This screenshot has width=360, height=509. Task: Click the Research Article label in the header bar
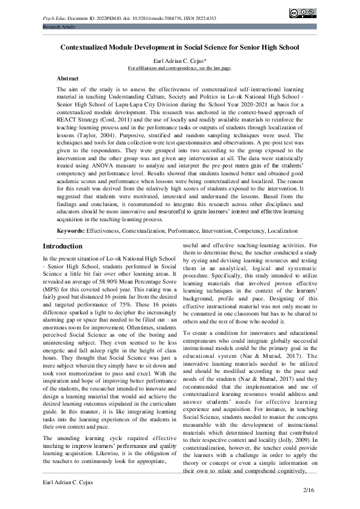pos(58,28)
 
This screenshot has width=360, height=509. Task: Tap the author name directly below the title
pos(179,61)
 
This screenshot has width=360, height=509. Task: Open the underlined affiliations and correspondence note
pos(179,68)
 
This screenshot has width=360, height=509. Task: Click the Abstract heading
pos(67,79)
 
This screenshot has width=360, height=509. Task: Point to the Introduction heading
pos(63,246)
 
